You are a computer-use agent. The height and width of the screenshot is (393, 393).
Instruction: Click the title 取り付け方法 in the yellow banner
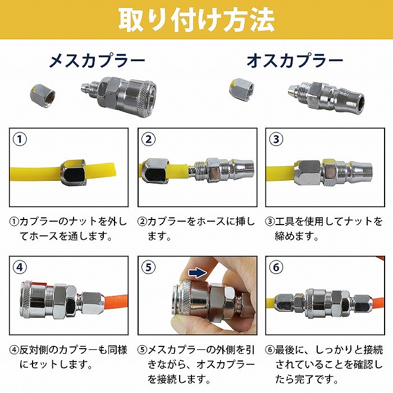point(196,20)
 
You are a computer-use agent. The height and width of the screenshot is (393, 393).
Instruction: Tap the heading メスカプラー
point(97,61)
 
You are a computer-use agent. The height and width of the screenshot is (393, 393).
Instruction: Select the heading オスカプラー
point(295,61)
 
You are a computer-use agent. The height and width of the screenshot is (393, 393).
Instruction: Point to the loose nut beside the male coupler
point(241,89)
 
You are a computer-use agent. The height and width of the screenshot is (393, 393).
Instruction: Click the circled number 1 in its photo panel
point(20,139)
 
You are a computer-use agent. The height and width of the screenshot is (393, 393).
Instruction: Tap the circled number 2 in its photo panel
point(148,139)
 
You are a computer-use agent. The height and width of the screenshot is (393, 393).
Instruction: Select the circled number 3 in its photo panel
point(276,139)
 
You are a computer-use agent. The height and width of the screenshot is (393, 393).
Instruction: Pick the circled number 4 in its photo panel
point(20,267)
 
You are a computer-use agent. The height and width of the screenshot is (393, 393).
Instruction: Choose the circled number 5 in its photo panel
point(148,267)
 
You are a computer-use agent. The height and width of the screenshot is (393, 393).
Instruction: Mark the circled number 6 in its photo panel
point(276,267)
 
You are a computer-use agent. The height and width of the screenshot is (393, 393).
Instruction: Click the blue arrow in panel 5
point(198,273)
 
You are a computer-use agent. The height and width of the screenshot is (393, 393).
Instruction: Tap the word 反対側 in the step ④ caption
point(34,350)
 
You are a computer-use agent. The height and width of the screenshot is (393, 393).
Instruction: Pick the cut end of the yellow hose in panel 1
point(113,170)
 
